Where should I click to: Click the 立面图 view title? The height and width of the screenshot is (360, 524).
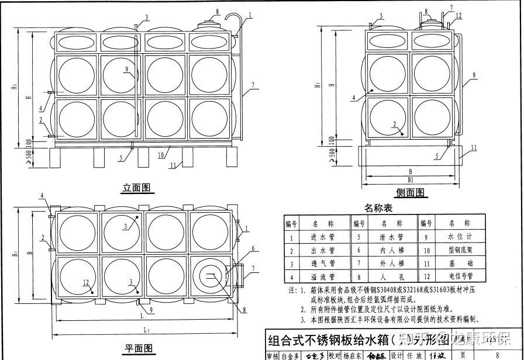pos(137,188)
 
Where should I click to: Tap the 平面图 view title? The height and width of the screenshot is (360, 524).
pos(139,349)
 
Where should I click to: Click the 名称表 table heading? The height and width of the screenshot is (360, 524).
pos(378,208)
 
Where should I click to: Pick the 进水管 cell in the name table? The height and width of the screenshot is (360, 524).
pos(323,238)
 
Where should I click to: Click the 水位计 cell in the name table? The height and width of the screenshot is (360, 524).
pos(459,238)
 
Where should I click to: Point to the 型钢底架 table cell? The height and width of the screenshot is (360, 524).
pos(459,251)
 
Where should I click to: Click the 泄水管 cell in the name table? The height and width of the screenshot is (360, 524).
pos(391,238)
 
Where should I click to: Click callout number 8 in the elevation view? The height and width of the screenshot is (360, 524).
pos(218,12)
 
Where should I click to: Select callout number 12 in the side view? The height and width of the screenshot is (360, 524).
pos(459,16)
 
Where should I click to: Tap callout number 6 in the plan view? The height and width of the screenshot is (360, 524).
pos(253,248)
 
